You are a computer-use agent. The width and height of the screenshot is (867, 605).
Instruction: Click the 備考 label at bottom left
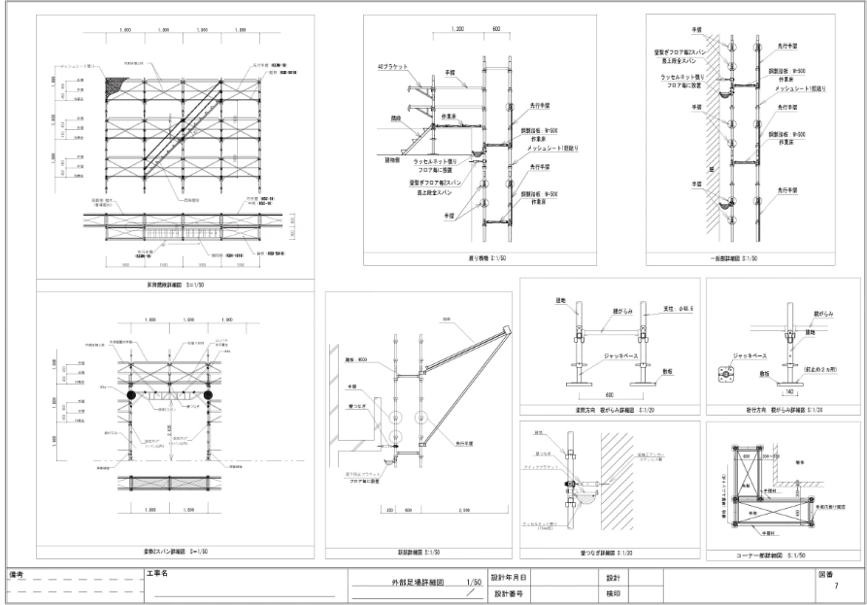coord(16,575)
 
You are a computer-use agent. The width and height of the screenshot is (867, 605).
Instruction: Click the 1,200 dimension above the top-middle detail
coord(458,31)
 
